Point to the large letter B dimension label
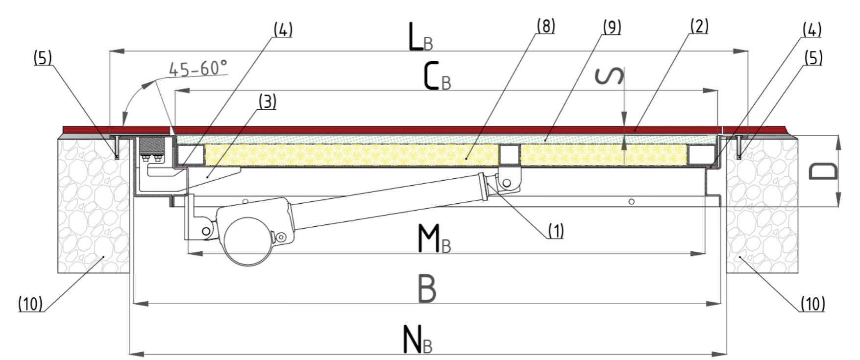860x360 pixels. pos(427,289)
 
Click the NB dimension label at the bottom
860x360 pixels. pos(418,339)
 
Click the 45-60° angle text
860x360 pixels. pos(198,69)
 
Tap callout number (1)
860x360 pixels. pos(556,231)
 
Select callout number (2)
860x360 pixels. pos(699,26)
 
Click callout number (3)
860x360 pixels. pos(267,102)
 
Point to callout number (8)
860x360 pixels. pos(545,26)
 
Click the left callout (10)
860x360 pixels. pos(30,304)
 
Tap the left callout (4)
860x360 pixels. pos(283,30)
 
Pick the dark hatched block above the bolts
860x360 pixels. pos(152,145)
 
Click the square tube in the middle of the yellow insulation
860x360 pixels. pos(509,155)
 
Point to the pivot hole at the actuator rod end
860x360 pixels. pos(507,183)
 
